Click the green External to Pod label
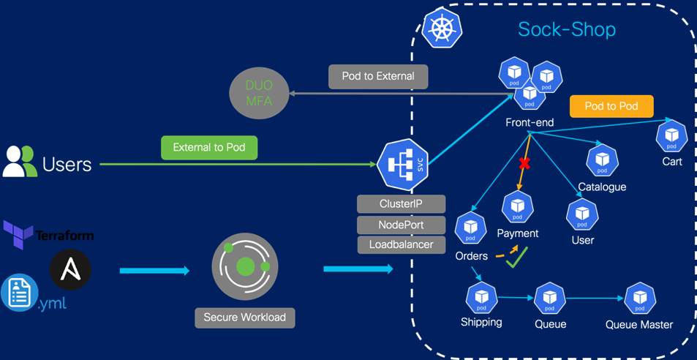click(209, 148)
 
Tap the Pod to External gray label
click(377, 76)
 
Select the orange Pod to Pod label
click(611, 106)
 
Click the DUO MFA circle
click(260, 94)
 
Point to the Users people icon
click(19, 162)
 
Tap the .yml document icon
click(19, 293)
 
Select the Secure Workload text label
click(245, 318)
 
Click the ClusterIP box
click(401, 203)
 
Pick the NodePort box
click(401, 224)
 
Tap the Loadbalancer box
click(401, 244)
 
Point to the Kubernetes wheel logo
click(442, 29)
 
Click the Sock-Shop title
click(567, 29)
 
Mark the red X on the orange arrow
click(524, 163)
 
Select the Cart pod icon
click(671, 136)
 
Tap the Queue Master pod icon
click(640, 299)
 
